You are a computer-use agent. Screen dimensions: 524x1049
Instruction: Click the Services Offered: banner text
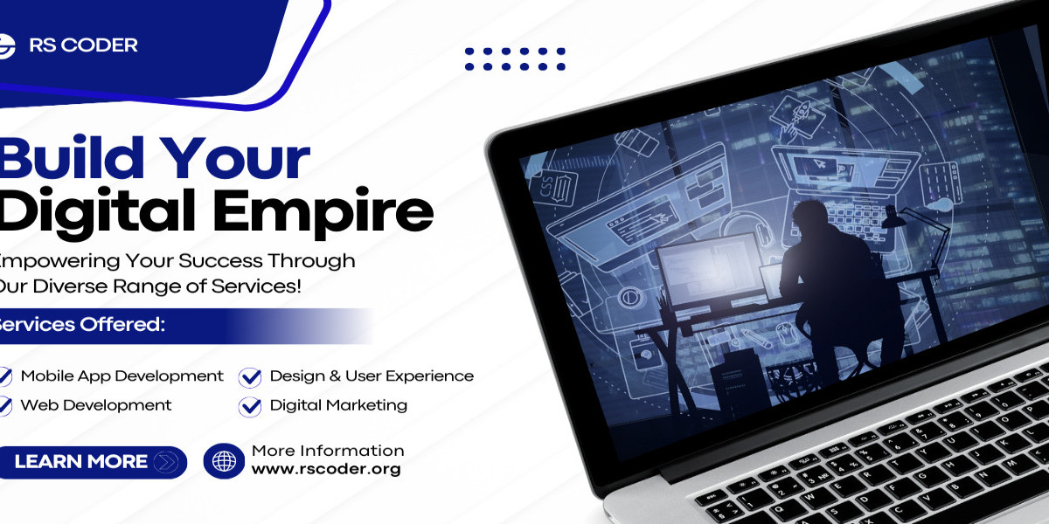[x=83, y=325]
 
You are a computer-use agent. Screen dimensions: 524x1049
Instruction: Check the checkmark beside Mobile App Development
[x=5, y=376]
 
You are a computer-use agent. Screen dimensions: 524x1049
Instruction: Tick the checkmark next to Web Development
[x=5, y=405]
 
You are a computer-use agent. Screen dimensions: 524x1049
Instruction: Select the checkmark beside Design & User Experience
[x=250, y=376]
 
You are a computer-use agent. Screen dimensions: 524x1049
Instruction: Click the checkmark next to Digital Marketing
[x=250, y=405]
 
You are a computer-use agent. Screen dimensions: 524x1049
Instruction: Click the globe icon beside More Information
[x=224, y=461]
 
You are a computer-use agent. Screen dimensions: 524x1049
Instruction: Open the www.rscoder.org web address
[x=326, y=469]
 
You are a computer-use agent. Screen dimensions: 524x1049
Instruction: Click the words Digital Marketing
[x=338, y=405]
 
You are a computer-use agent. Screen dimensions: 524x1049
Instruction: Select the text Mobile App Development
[x=122, y=376]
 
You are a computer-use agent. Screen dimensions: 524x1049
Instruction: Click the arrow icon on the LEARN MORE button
[x=164, y=462]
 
